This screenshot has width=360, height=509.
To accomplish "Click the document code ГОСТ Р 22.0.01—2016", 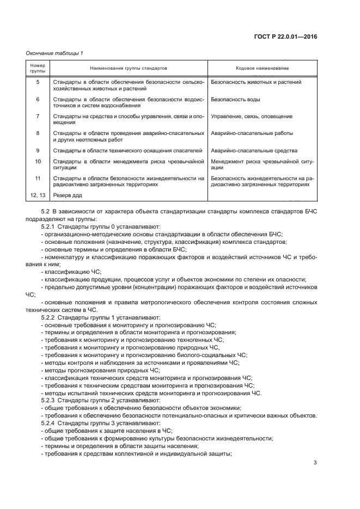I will click(292, 37).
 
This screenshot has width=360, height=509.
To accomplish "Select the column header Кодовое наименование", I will click(262, 69).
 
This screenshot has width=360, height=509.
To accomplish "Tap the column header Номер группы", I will click(38, 69).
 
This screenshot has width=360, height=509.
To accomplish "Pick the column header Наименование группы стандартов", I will click(129, 69).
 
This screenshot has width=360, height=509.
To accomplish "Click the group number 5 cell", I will click(38, 82).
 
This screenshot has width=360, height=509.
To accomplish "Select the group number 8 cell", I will click(38, 133).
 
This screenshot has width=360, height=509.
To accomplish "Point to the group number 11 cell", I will click(38, 178).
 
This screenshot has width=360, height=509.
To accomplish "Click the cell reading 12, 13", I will click(38, 195).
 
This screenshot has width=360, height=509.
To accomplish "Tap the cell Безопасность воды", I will click(235, 100).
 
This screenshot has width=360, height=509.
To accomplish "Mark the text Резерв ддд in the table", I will click(68, 195).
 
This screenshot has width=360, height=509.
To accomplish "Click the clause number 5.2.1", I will click(50, 226).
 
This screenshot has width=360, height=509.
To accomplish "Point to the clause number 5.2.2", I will click(50, 317).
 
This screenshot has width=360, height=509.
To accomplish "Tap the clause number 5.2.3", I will click(50, 400).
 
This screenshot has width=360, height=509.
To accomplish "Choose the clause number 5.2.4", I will click(50, 423).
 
